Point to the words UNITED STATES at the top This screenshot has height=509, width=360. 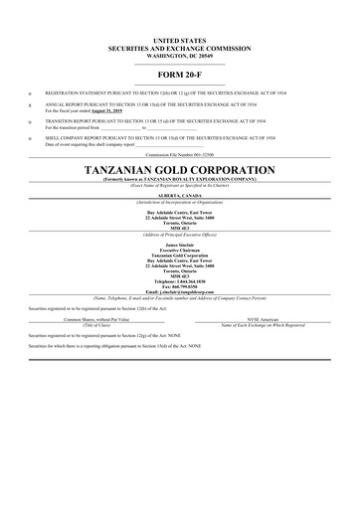(x=180, y=37)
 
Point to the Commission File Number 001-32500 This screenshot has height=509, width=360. (x=180, y=156)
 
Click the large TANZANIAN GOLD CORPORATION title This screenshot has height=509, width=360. (x=180, y=170)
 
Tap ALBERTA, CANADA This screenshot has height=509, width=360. (x=180, y=196)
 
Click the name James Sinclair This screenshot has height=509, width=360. (x=180, y=244)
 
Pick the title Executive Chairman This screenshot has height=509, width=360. (x=180, y=249)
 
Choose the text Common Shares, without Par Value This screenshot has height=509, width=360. (x=96, y=319)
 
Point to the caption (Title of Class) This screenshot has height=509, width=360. (x=96, y=325)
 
